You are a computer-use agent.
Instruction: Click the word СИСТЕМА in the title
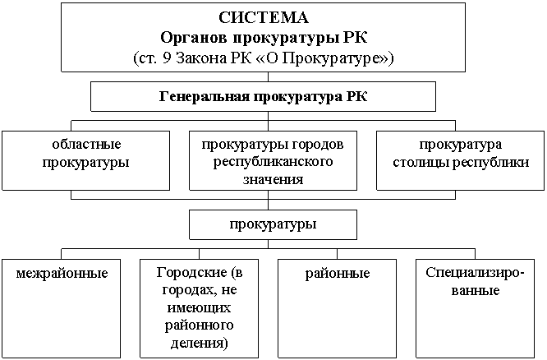(264, 18)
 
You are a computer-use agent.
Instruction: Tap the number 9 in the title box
(167, 58)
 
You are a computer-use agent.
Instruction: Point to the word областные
(86, 144)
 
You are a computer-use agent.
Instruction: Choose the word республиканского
(273, 162)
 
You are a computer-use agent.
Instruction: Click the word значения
(273, 179)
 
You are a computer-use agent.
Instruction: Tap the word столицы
(421, 163)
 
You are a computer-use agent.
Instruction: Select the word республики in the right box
(490, 163)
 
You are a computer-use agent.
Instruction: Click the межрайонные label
(62, 273)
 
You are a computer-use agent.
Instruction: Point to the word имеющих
(199, 308)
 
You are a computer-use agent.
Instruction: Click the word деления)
(199, 343)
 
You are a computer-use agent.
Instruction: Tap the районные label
(338, 273)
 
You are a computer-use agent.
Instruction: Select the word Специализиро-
(475, 272)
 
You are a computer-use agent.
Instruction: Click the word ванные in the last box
(476, 290)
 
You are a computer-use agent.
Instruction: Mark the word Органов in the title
(193, 38)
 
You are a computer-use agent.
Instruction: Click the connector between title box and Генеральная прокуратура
(268, 76)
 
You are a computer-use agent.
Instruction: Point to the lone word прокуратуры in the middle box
(273, 224)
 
